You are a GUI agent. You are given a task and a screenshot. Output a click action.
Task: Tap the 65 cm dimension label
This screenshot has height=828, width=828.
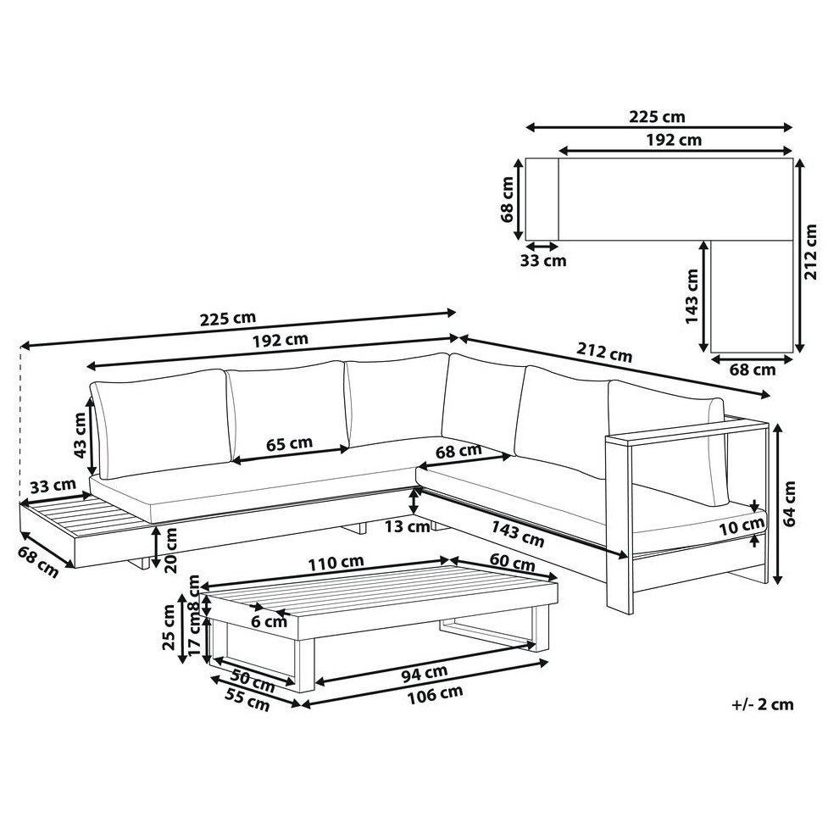(289, 443)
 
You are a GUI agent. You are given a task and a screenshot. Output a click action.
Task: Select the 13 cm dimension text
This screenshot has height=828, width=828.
(407, 526)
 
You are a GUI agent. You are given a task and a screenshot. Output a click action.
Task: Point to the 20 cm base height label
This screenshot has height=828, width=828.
(171, 550)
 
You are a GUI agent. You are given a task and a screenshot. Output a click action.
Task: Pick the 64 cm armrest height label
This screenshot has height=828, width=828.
(790, 503)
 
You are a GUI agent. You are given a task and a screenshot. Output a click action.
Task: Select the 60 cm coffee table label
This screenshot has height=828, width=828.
(512, 563)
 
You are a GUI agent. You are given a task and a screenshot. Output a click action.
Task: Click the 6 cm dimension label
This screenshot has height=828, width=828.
(269, 621)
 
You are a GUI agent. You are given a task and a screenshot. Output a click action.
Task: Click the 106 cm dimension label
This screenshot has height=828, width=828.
(435, 694)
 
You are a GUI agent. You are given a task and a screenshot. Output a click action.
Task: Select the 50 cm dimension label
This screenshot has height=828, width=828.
(253, 681)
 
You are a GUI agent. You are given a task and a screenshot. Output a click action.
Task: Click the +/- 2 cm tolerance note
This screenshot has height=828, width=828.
(763, 704)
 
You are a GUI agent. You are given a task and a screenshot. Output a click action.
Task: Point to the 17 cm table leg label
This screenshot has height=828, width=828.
(196, 636)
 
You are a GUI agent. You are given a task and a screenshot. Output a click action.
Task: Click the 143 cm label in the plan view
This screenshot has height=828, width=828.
(692, 297)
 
